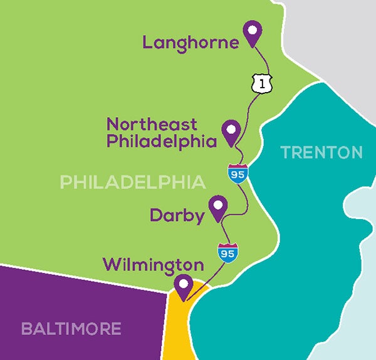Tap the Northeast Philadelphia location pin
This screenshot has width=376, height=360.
pos(232,133)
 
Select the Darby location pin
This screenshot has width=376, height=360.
pos(218,208)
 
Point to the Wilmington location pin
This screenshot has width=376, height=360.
pos(184,288)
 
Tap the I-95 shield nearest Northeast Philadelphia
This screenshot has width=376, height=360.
pos(238,173)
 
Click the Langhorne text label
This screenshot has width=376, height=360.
pos(191,43)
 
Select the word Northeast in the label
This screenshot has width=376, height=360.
pos(152,124)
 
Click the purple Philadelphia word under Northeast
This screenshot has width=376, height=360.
pos(161,141)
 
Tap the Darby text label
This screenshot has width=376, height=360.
pos(177,216)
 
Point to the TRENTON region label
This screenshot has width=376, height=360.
pos(321,152)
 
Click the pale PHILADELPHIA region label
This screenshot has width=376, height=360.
pos(133,182)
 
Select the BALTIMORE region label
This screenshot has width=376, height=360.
pos(70,328)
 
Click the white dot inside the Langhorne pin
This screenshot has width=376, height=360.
pos(253,29)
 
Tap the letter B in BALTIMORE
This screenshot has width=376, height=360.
pos(26,328)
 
